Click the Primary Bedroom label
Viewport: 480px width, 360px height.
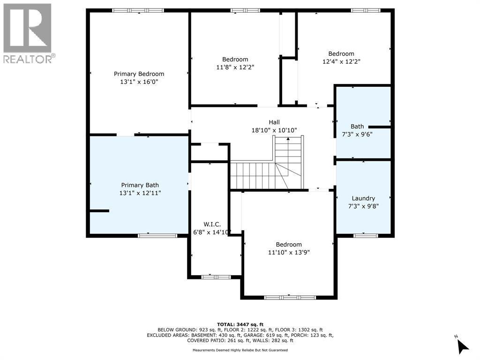(139, 74)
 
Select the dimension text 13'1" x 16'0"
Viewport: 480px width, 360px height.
(139, 82)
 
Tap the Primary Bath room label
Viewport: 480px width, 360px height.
(140, 185)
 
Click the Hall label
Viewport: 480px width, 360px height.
(274, 122)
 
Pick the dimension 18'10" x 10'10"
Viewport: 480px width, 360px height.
(274, 130)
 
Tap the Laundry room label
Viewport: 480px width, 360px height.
(363, 198)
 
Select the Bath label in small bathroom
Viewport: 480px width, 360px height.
(357, 127)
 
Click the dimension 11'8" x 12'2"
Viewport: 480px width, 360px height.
(235, 67)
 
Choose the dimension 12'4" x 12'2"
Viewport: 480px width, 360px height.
(341, 61)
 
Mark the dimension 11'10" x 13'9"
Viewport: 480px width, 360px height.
(288, 252)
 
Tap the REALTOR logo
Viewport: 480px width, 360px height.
(28, 33)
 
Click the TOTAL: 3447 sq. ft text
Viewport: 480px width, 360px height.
(240, 324)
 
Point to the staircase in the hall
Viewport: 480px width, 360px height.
(267, 169)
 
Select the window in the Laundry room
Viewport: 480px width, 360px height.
(365, 235)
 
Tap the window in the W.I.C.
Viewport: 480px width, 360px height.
(216, 277)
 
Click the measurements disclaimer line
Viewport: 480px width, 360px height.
(240, 350)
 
